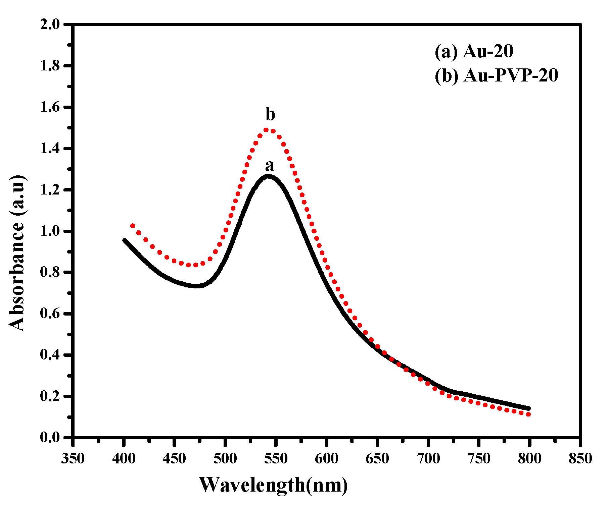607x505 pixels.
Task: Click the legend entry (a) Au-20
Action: click(x=474, y=52)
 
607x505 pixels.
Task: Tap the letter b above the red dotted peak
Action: click(x=270, y=115)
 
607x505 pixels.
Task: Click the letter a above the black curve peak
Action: click(x=270, y=166)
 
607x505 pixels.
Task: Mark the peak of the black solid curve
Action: click(x=268, y=176)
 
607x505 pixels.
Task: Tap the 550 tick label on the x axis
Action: click(x=276, y=458)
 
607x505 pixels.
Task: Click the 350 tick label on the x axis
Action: click(x=73, y=458)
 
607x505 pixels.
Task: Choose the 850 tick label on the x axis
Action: click(x=580, y=458)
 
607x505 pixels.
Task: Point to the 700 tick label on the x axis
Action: click(x=428, y=458)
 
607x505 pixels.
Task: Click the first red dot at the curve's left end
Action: click(x=133, y=226)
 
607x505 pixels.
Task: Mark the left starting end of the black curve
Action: click(x=125, y=240)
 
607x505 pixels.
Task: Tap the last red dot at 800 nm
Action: click(x=529, y=414)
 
